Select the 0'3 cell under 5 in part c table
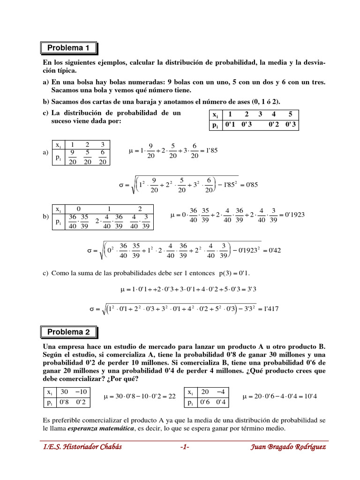coord(291,125)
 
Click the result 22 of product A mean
coord(172,396)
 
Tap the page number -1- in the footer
coord(184,447)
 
